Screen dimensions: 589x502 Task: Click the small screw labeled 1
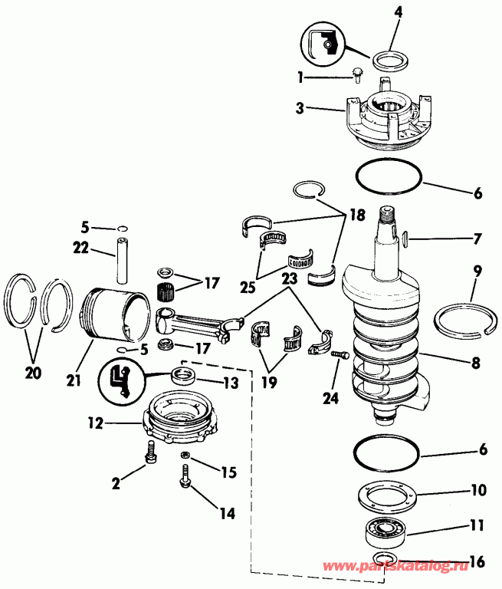click(x=357, y=73)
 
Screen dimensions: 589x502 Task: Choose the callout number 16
click(x=476, y=562)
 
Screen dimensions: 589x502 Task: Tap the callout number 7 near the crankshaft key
click(x=477, y=239)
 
